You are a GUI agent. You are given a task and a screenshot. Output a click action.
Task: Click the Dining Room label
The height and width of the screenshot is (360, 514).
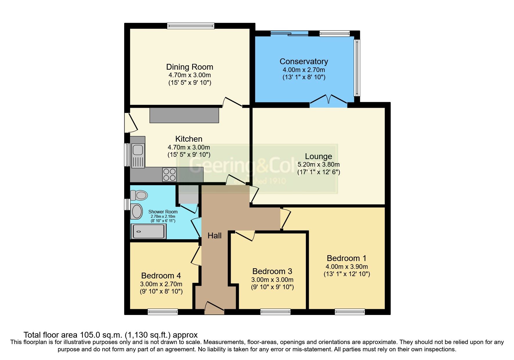tap(190, 67)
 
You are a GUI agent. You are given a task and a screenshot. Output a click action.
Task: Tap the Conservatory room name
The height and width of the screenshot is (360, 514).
tap(304, 62)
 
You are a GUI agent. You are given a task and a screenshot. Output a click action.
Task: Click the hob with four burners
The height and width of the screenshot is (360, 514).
tap(169, 174)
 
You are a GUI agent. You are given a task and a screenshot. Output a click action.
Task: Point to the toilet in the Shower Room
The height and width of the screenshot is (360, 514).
tap(139, 195)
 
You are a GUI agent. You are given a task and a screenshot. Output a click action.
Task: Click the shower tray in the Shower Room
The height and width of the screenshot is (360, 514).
tap(148, 231)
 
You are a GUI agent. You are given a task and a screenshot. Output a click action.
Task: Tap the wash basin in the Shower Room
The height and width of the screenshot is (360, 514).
tap(137, 211)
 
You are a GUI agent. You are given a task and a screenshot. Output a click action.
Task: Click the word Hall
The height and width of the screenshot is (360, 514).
tap(214, 235)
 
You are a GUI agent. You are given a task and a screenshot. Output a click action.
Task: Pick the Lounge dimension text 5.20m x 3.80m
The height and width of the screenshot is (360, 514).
tap(318, 164)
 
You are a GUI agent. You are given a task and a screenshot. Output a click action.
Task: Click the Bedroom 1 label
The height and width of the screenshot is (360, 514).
tap(346, 258)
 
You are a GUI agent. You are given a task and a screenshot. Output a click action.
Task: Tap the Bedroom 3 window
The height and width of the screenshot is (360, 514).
tap(275, 312)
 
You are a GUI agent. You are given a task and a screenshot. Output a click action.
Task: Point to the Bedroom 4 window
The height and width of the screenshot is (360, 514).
tap(163, 312)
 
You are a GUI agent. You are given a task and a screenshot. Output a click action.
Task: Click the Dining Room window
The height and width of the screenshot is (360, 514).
tap(191, 26)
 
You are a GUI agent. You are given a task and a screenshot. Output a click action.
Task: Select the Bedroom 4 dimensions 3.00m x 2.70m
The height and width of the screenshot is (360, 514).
tap(161, 284)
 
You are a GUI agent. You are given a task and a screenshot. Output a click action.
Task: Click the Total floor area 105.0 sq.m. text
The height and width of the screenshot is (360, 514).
tap(110, 335)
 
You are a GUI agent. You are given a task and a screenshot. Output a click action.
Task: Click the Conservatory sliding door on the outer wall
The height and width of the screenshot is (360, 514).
tap(289, 34)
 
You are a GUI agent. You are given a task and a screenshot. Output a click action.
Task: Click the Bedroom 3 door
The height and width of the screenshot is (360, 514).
tap(246, 235)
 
